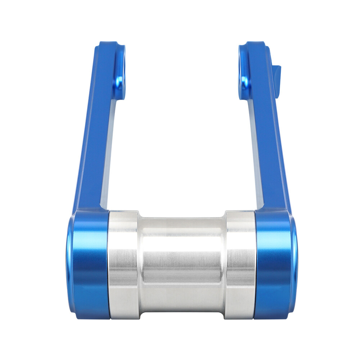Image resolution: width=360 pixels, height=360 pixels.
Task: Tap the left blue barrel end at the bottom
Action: coord(88,265)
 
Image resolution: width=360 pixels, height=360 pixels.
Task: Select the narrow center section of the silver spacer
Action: coord(182,265)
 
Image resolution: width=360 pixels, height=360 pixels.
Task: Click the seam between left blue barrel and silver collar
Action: coord(109,265)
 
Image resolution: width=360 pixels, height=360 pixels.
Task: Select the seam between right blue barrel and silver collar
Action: coord(255,265)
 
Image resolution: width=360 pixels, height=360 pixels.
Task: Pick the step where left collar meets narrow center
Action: coord(139,265)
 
